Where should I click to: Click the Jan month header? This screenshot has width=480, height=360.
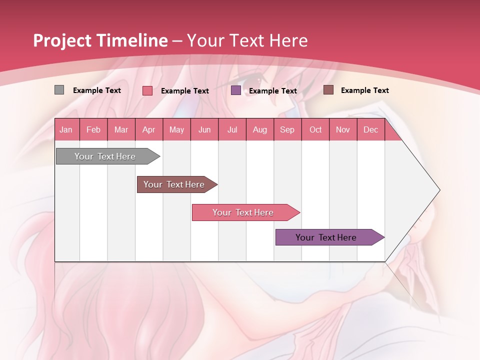click(x=66, y=129)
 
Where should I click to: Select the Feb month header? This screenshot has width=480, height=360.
click(x=93, y=129)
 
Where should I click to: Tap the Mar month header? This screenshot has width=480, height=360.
click(x=121, y=129)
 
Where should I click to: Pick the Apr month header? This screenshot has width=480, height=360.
click(x=148, y=129)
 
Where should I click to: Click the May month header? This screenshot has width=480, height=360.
click(x=176, y=129)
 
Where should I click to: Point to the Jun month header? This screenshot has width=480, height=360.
click(x=204, y=129)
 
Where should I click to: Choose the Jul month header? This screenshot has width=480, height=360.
click(x=232, y=129)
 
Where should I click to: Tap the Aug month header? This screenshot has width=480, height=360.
click(x=259, y=129)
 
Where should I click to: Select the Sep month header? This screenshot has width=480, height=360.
click(x=287, y=129)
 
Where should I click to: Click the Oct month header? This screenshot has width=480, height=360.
click(x=315, y=129)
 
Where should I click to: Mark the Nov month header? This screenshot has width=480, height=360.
click(x=343, y=129)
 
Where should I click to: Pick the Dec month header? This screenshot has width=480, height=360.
click(x=370, y=129)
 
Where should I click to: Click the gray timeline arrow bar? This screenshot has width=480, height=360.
click(x=105, y=156)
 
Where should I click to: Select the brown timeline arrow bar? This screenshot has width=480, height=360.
click(x=174, y=184)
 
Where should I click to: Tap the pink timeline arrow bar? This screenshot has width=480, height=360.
click(x=243, y=212)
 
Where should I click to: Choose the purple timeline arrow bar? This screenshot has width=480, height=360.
click(x=326, y=237)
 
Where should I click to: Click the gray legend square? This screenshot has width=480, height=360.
click(x=59, y=90)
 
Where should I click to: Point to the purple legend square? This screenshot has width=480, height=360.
click(x=236, y=90)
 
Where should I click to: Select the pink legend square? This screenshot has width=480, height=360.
click(x=147, y=90)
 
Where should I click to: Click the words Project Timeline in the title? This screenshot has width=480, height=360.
click(x=100, y=40)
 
